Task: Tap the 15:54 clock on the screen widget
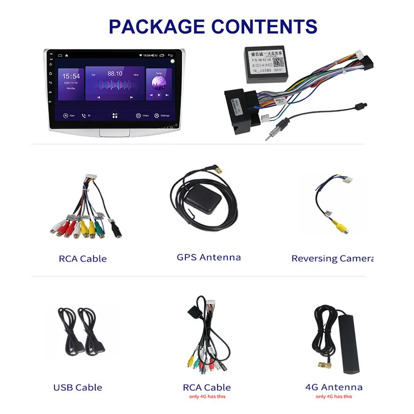click(71, 76)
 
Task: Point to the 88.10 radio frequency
click(114, 74)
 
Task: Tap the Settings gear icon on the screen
click(157, 115)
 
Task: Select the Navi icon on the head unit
click(66, 115)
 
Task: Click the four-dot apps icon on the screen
click(115, 115)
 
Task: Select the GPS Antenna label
click(209, 257)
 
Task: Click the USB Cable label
click(78, 387)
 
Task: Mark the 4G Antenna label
click(334, 387)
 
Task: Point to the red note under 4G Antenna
click(334, 396)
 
